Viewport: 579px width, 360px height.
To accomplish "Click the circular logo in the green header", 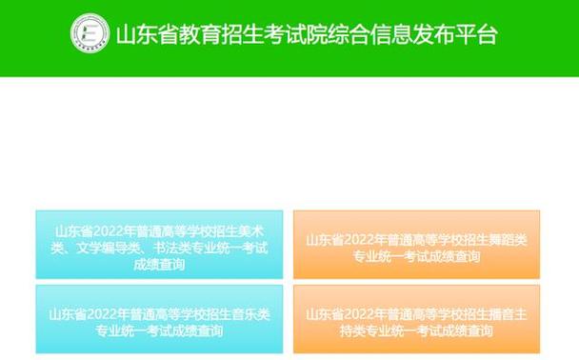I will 90,33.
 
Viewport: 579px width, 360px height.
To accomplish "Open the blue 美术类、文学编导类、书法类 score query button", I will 159,245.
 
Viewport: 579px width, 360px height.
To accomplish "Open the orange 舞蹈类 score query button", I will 416,245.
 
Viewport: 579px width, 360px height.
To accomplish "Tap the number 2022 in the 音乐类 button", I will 101,311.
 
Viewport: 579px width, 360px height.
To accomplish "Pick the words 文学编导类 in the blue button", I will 110,247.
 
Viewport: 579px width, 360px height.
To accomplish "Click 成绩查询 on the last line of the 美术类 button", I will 159,264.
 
